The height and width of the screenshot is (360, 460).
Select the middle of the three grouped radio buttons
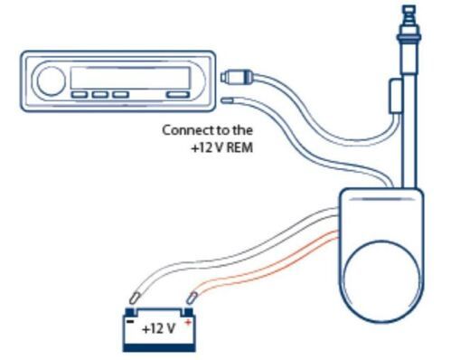click(x=99, y=94)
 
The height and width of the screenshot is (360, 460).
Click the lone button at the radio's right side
click(x=179, y=94)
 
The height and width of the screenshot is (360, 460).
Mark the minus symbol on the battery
click(x=132, y=319)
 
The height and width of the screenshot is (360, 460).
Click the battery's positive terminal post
click(x=185, y=308)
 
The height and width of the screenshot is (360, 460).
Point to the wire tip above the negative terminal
click(x=135, y=294)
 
